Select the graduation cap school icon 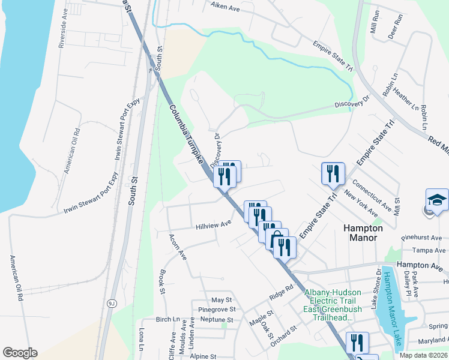pyautogui.click(x=437, y=200)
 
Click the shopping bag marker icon pyautogui.click(x=277, y=240)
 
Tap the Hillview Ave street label pyautogui.click(x=213, y=225)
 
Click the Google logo pyautogui.click(x=20, y=352)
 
